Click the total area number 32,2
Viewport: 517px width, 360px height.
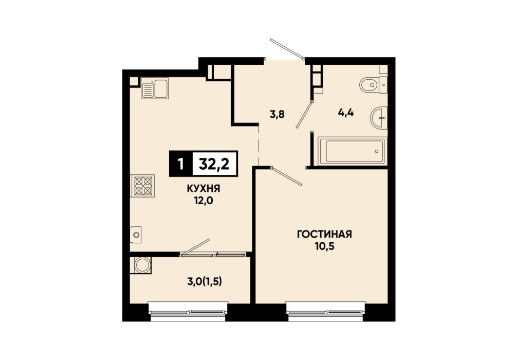[214, 164]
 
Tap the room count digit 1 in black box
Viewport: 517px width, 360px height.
[180, 164]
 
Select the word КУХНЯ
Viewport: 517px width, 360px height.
[204, 189]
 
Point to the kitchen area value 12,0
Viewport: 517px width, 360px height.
[204, 200]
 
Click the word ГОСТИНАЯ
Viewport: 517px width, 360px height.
[324, 235]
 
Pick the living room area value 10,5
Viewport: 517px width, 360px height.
[324, 246]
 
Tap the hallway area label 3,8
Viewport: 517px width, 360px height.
[277, 115]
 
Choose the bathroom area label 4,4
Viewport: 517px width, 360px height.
[346, 113]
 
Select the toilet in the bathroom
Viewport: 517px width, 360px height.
[373, 85]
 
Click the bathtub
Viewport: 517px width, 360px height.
[352, 151]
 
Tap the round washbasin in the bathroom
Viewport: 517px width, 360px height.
[379, 117]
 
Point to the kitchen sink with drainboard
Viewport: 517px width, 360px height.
[155, 88]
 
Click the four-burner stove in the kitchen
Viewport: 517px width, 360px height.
[143, 186]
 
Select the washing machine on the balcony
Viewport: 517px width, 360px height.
[141, 265]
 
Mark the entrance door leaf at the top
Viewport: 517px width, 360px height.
[287, 49]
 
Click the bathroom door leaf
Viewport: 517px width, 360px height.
[304, 114]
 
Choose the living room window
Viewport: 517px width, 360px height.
[326, 312]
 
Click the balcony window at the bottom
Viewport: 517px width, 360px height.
[188, 312]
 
